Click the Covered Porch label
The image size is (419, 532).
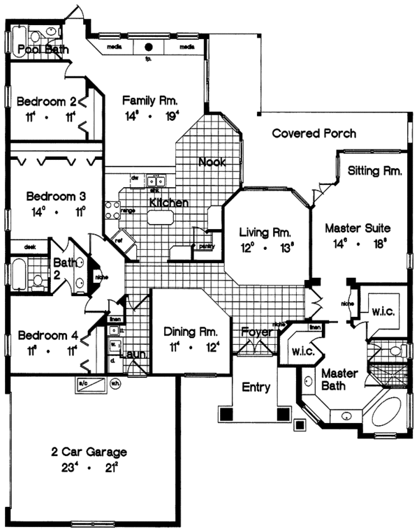[x=314, y=133]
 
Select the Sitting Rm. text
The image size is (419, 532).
[x=374, y=170]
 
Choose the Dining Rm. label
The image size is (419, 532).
[x=191, y=332]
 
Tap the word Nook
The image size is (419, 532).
[x=211, y=163]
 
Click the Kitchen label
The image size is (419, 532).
[x=168, y=203]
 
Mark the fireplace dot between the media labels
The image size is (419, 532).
[x=149, y=47]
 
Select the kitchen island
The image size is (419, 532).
[x=159, y=218]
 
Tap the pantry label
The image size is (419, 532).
[x=207, y=246]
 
